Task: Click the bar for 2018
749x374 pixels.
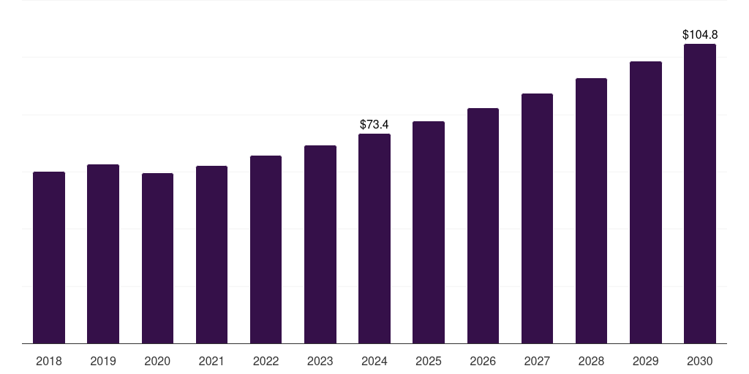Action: click(x=49, y=257)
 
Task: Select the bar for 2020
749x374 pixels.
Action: click(x=157, y=258)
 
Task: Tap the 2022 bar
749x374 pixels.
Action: click(x=266, y=249)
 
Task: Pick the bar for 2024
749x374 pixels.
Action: click(x=374, y=238)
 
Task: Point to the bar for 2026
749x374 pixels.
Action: click(x=483, y=226)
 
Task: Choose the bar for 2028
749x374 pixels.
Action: click(x=591, y=210)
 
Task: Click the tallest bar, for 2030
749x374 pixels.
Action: click(x=700, y=194)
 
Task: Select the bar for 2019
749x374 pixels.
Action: click(x=103, y=253)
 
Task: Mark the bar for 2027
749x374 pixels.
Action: click(x=537, y=218)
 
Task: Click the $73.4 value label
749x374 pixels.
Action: click(x=374, y=125)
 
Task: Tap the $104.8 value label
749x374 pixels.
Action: click(x=700, y=35)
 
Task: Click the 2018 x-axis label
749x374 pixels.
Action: click(x=49, y=361)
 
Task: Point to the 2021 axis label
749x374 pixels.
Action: click(x=211, y=361)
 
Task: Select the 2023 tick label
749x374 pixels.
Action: click(x=320, y=361)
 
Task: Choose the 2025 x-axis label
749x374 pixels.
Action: click(x=429, y=361)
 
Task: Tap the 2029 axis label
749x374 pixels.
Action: click(x=645, y=361)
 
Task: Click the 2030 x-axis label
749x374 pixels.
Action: click(x=700, y=361)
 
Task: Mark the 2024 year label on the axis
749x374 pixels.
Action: click(x=374, y=361)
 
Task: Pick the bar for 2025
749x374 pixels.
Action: click(x=429, y=232)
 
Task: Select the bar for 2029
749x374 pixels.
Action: click(x=645, y=202)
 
